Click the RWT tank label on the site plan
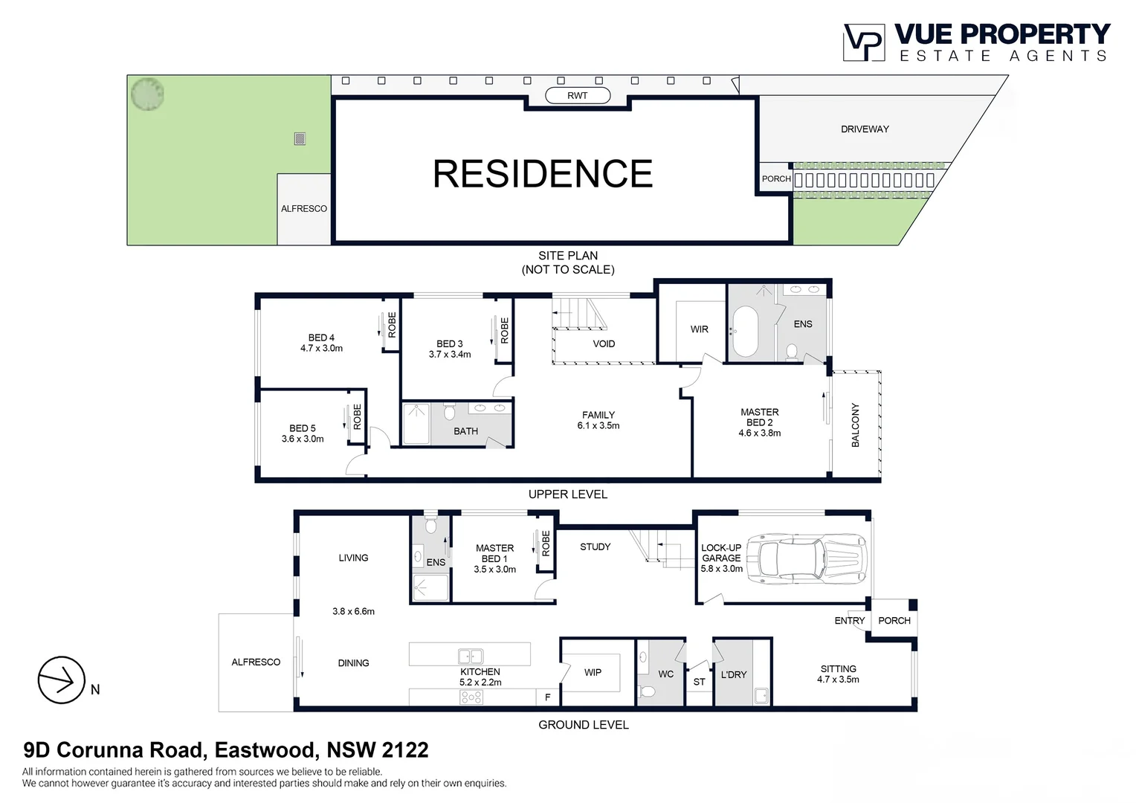coord(577,95)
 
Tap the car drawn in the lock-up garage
coord(807,557)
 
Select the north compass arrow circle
coord(61,680)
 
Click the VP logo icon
coord(863,42)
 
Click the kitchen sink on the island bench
coord(471,656)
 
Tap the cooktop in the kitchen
coord(471,697)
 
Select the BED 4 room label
coord(321,338)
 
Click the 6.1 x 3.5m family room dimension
coord(598,426)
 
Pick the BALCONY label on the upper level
coord(855,425)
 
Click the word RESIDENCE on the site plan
coord(543,174)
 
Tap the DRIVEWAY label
coord(865,129)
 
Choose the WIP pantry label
coord(593,672)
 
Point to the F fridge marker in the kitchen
coord(548,697)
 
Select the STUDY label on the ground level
coord(595,546)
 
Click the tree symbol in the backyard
coord(147,94)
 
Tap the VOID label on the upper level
coord(604,344)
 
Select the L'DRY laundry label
coord(733,674)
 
